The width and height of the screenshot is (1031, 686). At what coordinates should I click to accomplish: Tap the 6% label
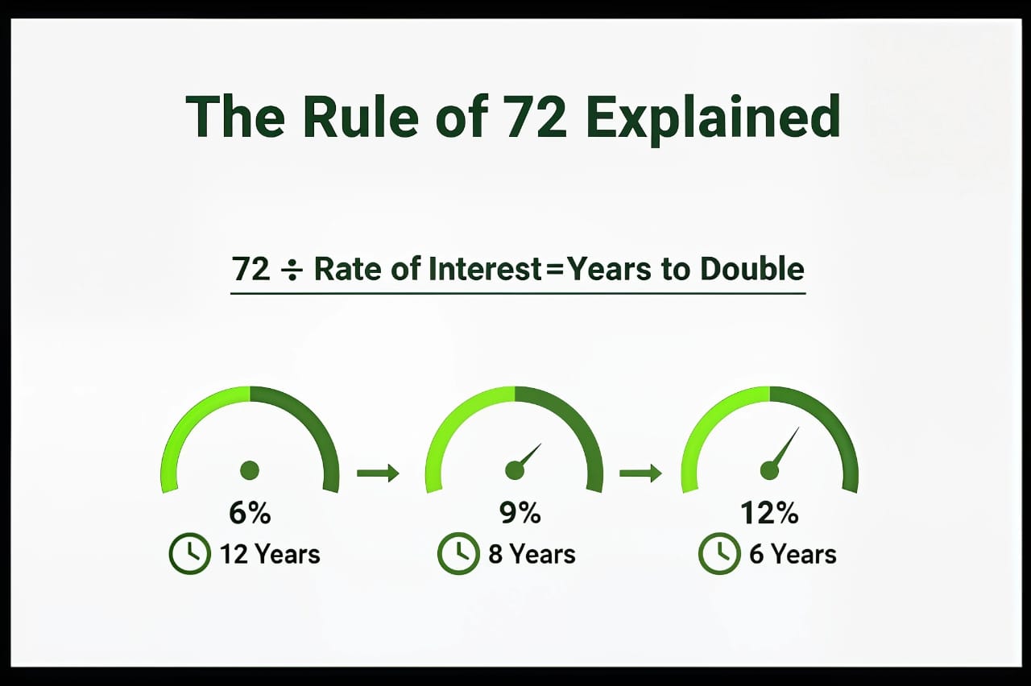[x=250, y=513]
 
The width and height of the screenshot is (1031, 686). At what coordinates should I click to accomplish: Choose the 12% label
[x=769, y=513]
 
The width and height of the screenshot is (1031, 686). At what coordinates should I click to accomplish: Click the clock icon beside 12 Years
[x=188, y=554]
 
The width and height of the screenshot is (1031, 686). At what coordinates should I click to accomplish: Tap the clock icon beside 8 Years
[x=458, y=554]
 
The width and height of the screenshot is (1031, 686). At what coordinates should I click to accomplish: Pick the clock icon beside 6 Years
[x=718, y=554]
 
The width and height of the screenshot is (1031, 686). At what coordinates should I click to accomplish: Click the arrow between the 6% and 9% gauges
[x=378, y=473]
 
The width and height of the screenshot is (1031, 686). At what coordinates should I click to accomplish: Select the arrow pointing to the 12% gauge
[x=640, y=473]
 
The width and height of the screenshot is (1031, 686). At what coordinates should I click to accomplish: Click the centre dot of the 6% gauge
[x=250, y=469]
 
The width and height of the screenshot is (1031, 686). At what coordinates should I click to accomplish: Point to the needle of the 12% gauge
[x=785, y=446]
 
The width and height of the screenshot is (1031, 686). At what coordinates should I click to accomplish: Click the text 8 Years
[x=532, y=554]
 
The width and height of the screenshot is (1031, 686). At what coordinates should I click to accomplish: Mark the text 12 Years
[x=270, y=554]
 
